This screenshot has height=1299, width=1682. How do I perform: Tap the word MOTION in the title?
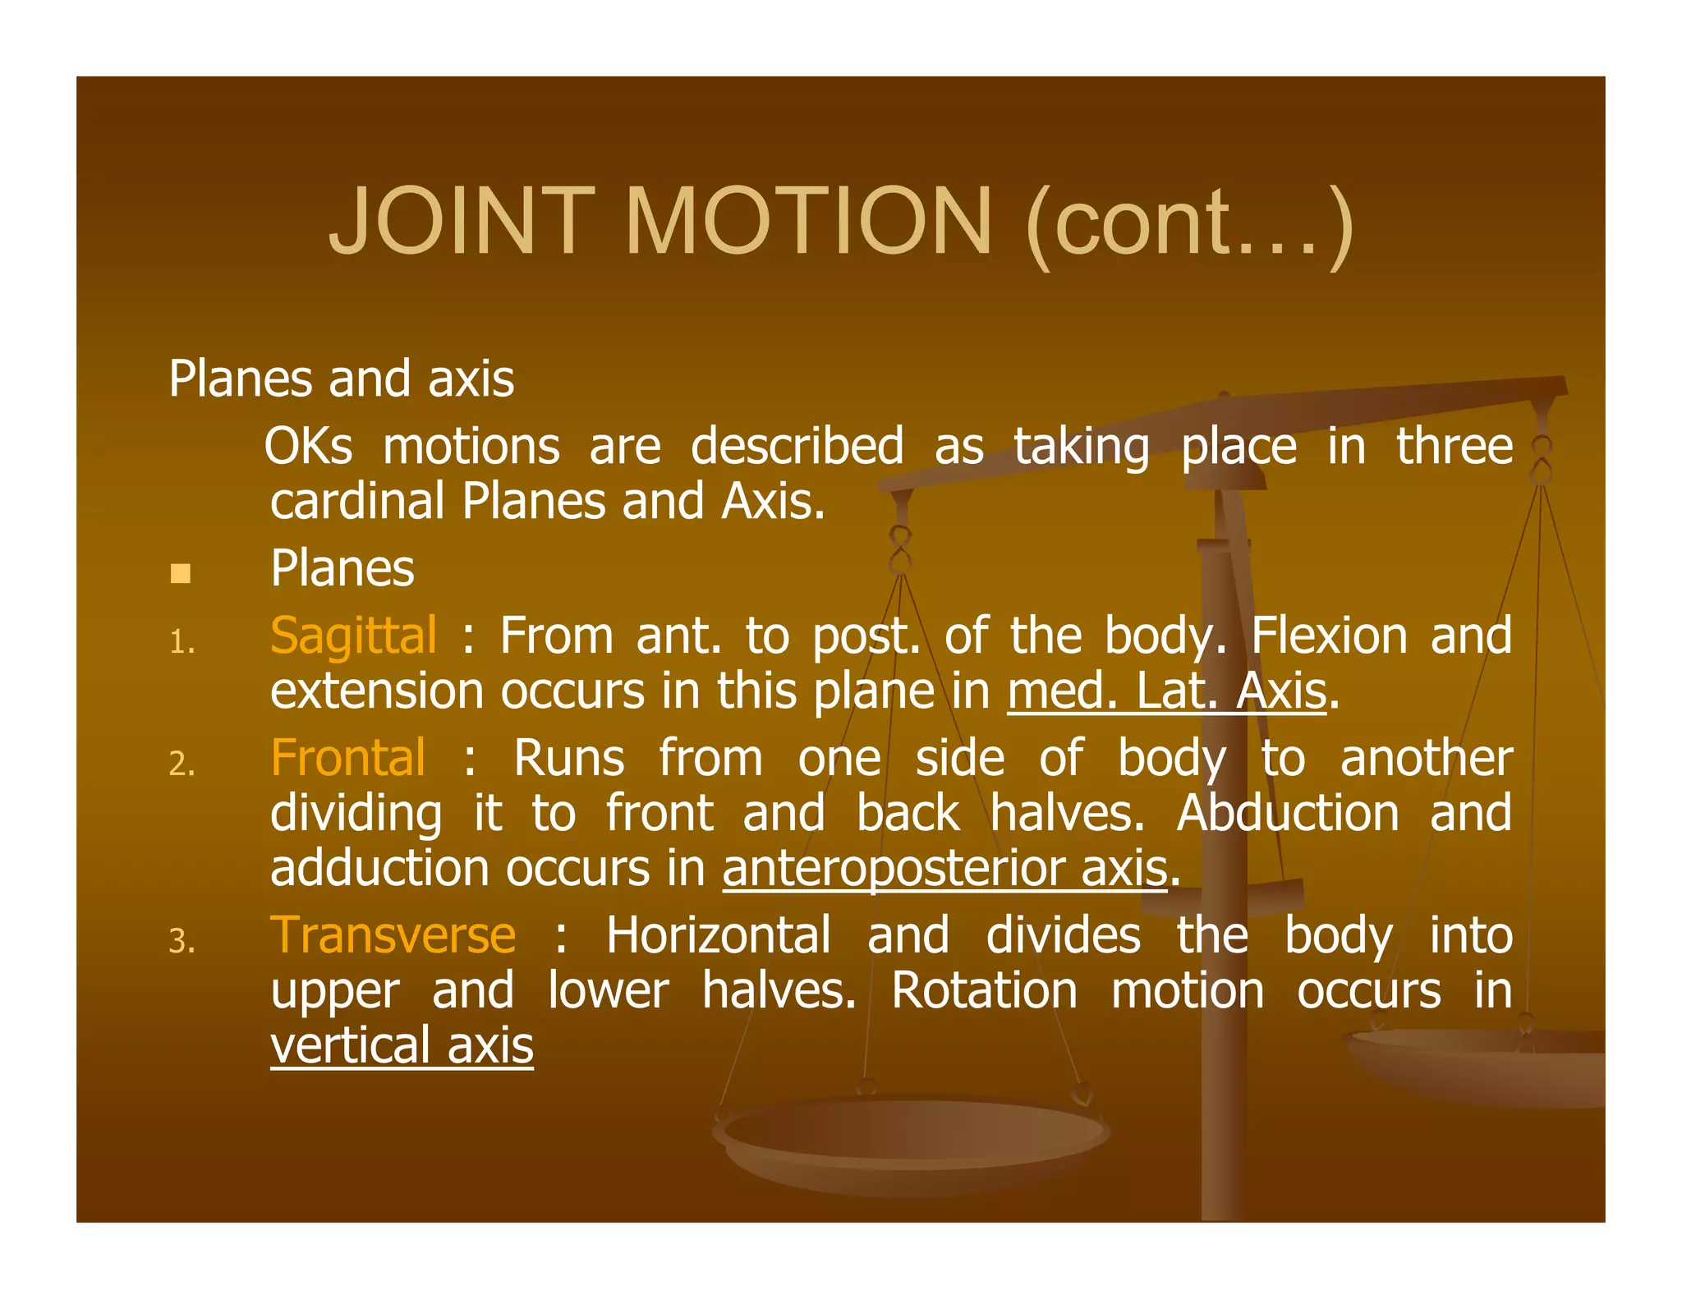[x=809, y=222]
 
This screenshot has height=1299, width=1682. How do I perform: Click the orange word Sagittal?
[x=353, y=636]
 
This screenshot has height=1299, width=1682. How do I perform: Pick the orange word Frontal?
[x=348, y=757]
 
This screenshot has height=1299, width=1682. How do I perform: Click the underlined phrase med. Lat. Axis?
[x=1167, y=691]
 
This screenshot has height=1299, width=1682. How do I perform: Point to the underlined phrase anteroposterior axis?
[x=945, y=868]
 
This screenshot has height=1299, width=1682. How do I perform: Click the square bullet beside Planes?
[x=181, y=572]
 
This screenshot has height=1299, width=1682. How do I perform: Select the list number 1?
[x=182, y=642]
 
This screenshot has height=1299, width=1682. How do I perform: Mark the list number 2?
[x=182, y=764]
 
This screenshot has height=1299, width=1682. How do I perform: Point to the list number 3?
[x=182, y=941]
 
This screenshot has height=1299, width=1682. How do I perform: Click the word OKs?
[x=309, y=447]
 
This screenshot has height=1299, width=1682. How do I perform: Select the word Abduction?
[x=1288, y=813]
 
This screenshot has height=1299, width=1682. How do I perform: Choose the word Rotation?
[x=984, y=990]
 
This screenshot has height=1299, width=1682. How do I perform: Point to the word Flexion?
[x=1328, y=636]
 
